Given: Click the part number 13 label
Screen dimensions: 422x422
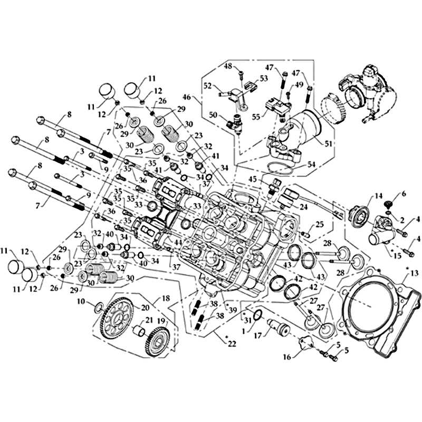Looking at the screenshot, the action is click(415, 274).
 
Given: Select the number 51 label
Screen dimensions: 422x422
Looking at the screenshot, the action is click(328, 144).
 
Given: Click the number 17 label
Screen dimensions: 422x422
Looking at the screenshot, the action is click(258, 336).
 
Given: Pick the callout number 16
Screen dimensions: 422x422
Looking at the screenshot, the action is click(287, 357).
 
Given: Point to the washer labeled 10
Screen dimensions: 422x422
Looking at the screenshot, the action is click(98, 307).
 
